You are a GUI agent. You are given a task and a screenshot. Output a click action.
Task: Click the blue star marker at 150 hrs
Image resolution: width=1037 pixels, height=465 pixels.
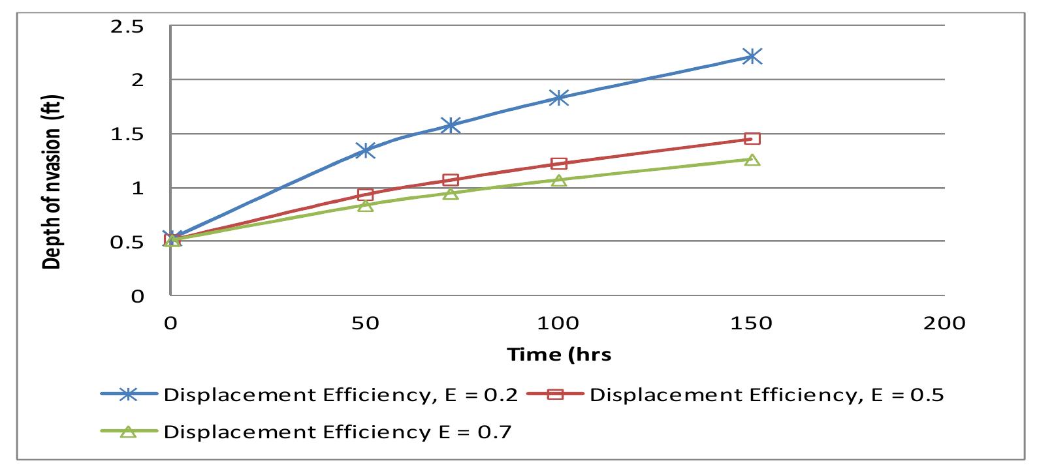click(x=752, y=57)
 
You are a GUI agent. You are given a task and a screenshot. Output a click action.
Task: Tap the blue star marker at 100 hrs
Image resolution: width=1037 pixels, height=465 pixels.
click(x=558, y=98)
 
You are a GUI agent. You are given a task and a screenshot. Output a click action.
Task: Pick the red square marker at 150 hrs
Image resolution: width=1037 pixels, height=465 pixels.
click(x=752, y=139)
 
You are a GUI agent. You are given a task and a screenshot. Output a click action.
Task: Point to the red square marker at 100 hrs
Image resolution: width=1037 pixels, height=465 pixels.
click(x=558, y=163)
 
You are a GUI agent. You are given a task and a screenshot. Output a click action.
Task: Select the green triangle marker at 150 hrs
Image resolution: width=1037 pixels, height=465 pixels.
click(x=752, y=160)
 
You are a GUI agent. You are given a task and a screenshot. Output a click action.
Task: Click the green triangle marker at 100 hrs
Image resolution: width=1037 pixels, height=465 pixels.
click(x=558, y=180)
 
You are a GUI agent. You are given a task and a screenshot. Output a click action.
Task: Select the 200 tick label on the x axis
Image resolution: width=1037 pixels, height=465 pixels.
click(x=944, y=323)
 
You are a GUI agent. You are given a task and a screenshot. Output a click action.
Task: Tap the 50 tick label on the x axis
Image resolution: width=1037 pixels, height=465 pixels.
click(x=365, y=323)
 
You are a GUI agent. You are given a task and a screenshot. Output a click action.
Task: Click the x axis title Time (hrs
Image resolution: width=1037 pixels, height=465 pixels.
click(x=560, y=354)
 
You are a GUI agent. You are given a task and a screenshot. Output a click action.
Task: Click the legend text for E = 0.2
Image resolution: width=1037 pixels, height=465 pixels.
click(x=341, y=395)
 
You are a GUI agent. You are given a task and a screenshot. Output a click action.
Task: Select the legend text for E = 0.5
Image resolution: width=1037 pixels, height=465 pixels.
click(x=767, y=395)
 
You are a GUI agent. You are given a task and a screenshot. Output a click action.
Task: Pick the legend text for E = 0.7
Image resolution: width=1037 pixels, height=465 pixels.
click(x=337, y=432)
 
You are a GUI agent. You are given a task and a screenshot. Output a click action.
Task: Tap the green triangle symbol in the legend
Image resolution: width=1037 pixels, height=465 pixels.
click(x=129, y=432)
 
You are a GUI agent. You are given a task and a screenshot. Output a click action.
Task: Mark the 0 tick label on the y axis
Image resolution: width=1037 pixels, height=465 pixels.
click(x=137, y=297)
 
